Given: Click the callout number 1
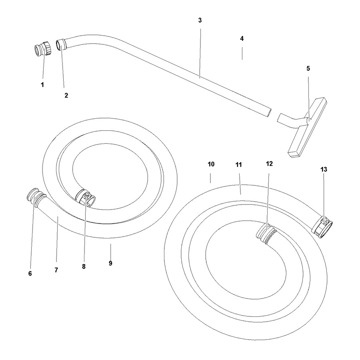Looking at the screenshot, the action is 42,85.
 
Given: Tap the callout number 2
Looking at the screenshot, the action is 66,95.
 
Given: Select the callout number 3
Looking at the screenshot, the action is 200,20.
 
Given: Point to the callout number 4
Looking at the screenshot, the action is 242,38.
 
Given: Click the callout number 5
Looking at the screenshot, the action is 308,68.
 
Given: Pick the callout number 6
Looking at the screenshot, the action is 30,274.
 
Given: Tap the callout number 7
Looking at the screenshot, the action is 56,270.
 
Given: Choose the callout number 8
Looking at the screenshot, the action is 84,266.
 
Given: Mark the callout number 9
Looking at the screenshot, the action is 110,263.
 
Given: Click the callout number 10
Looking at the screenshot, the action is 211,164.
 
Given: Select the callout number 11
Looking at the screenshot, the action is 238,165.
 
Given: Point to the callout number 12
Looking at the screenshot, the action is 269,164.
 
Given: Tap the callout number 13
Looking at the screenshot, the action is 324,170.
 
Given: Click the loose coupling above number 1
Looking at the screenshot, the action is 43,48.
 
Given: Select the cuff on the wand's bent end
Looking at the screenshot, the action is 61,44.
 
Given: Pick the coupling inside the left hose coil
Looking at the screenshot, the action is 86,198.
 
